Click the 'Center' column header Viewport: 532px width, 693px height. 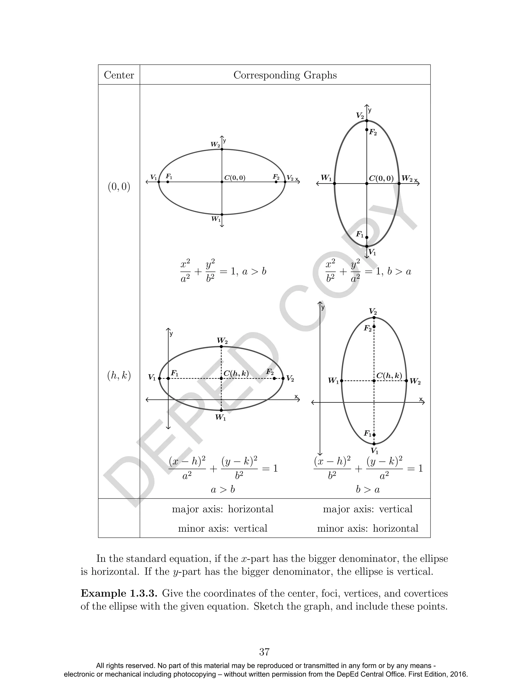[x=119, y=75]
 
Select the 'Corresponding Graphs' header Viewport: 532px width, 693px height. [x=285, y=75]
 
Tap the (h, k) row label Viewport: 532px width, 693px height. [x=119, y=376]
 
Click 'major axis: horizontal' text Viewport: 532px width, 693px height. [x=223, y=509]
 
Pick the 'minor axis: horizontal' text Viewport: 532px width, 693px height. [x=368, y=528]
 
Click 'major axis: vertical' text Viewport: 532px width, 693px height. [x=368, y=509]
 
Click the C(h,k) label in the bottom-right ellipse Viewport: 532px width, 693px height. [x=389, y=376]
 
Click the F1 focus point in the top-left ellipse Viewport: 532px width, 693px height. [x=168, y=182]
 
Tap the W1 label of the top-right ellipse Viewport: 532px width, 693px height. [x=326, y=178]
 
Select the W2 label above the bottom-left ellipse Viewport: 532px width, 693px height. [x=222, y=341]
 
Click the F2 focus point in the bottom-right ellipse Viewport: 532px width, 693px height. [x=374, y=327]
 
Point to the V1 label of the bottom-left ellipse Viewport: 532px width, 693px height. [x=152, y=378]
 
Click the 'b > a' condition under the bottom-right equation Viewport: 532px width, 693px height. [x=368, y=489]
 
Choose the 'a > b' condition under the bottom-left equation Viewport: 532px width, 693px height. [x=223, y=489]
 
